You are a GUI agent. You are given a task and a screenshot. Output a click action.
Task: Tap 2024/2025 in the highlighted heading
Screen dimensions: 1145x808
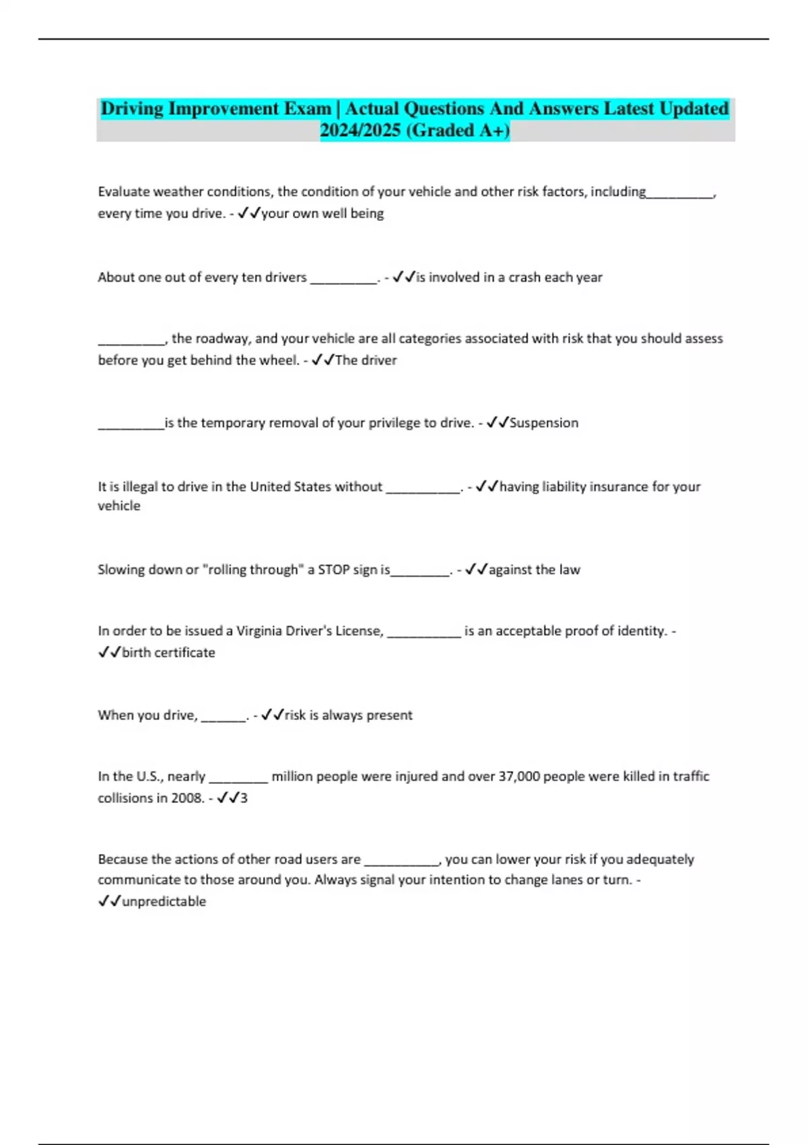(x=360, y=131)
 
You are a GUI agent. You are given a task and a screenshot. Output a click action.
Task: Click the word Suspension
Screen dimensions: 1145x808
(x=544, y=423)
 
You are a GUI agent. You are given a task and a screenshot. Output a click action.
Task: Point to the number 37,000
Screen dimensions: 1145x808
(x=518, y=777)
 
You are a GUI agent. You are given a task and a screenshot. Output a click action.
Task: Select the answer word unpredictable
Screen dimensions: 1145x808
(x=164, y=902)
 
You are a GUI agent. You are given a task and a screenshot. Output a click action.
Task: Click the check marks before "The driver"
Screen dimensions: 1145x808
(x=323, y=360)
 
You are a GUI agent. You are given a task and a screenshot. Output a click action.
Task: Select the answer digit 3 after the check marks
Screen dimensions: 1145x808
(x=244, y=798)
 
